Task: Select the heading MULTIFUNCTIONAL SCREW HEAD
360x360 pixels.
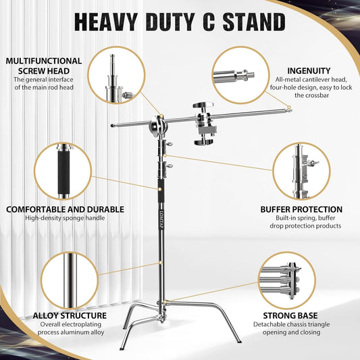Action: click(44, 65)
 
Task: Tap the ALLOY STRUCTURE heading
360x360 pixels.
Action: click(70, 315)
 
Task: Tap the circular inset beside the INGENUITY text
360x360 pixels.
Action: click(239, 73)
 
